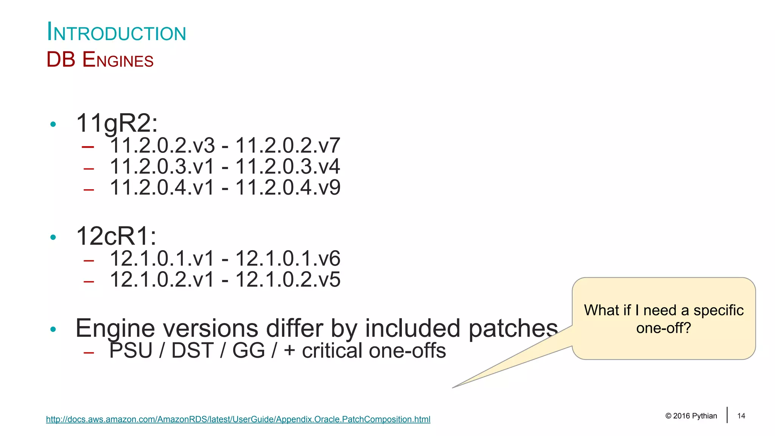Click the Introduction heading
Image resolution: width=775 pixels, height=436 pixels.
pyautogui.click(x=116, y=32)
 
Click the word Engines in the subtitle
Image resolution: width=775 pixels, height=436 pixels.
pyautogui.click(x=118, y=60)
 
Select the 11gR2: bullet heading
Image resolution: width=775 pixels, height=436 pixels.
pyautogui.click(x=117, y=123)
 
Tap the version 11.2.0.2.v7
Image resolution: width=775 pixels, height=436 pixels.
pyautogui.click(x=288, y=145)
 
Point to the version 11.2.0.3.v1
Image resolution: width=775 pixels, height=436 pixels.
pyautogui.click(x=162, y=167)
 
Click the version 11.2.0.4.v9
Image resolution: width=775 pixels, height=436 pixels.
pyautogui.click(x=288, y=187)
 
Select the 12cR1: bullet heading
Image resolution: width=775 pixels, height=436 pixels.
pyautogui.click(x=116, y=236)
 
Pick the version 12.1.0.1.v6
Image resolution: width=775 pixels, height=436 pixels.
pyautogui.click(x=288, y=258)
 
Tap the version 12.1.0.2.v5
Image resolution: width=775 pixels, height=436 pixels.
pyautogui.click(x=288, y=280)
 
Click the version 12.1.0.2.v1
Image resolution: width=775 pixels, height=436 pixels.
pyautogui.click(x=162, y=280)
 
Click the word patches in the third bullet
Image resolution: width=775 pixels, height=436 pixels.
pyautogui.click(x=513, y=328)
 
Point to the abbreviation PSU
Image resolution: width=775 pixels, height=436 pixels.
pyautogui.click(x=131, y=350)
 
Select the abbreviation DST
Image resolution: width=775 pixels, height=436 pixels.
pyautogui.click(x=193, y=350)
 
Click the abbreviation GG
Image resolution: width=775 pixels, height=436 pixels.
pyautogui.click(x=249, y=350)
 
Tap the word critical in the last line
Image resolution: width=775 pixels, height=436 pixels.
pyautogui.click(x=332, y=351)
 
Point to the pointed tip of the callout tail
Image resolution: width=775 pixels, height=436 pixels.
pyautogui.click(x=453, y=387)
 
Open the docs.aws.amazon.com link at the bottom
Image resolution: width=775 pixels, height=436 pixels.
pyautogui.click(x=238, y=419)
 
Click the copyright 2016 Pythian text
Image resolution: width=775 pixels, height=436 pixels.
pyautogui.click(x=691, y=416)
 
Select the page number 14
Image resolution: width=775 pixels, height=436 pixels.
pyautogui.click(x=741, y=416)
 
